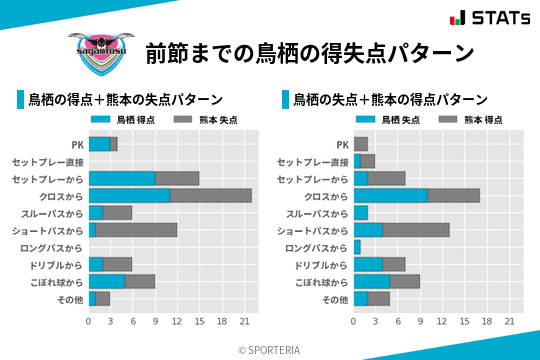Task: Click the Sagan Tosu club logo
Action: pyautogui.click(x=98, y=49)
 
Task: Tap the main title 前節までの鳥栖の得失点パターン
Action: pyautogui.click(x=309, y=52)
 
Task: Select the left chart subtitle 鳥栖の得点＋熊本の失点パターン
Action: pyautogui.click(x=125, y=100)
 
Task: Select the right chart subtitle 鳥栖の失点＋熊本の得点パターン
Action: pyautogui.click(x=390, y=100)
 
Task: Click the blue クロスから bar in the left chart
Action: pyautogui.click(x=129, y=195)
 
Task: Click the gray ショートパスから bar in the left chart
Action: pyautogui.click(x=137, y=230)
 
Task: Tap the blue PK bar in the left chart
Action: pyautogui.click(x=99, y=144)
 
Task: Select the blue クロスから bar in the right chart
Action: pyautogui.click(x=391, y=195)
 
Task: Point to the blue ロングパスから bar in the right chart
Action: pyautogui.click(x=357, y=247)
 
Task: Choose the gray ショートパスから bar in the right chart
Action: pyautogui.click(x=416, y=230)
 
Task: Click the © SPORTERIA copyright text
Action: pyautogui.click(x=270, y=349)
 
